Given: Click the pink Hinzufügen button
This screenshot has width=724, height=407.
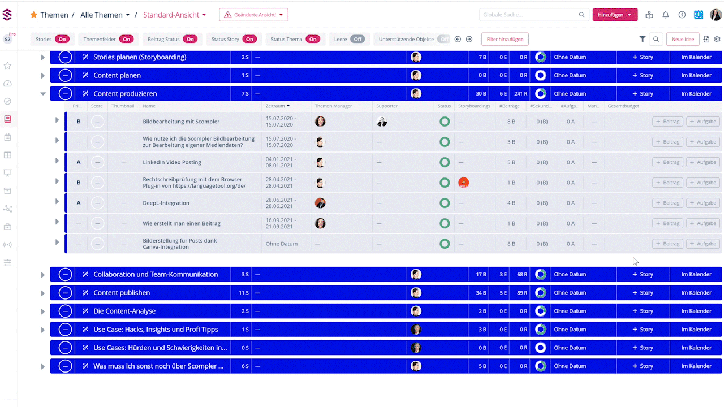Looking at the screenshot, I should coord(615,15).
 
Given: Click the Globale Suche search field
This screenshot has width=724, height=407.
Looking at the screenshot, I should coord(529,15).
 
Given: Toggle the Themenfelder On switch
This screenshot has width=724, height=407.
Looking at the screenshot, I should coord(126,39).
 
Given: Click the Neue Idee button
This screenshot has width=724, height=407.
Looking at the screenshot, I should coord(683,39).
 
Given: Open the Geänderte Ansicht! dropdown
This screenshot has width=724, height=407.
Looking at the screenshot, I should coord(253,15).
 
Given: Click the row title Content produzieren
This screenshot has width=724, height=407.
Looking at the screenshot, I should coord(125,94).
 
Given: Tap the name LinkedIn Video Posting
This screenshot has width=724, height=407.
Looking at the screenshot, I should coord(172,162).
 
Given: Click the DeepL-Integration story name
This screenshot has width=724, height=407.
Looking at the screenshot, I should coord(166,203).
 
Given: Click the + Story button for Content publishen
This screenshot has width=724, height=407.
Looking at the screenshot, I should coord(643,293).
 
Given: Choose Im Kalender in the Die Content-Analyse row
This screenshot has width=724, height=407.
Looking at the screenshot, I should coord(696,311).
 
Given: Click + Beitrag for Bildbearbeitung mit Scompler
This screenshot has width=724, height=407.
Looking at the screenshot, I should coord(667,122).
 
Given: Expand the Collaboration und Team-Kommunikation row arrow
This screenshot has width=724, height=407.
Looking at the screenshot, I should coord(43,275).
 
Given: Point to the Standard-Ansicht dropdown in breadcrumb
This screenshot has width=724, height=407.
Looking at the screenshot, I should coord(174,15).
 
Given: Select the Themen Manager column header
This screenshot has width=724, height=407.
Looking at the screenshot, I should coord(333,106).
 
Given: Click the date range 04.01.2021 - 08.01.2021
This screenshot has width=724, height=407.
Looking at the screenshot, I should coord(281,162).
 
